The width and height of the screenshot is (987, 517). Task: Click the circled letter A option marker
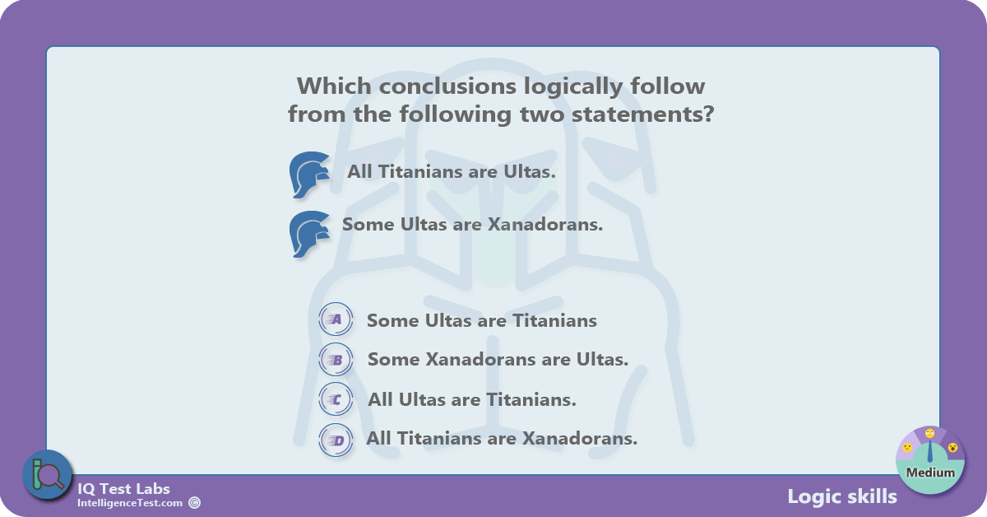[x=336, y=319]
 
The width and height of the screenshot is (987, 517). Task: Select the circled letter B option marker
[x=336, y=360]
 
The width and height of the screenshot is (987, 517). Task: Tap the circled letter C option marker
[x=336, y=399]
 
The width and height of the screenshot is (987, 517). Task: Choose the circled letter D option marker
[x=336, y=440]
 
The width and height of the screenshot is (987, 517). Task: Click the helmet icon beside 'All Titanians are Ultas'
[x=309, y=175]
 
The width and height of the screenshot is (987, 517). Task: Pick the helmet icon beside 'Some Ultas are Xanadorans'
[x=309, y=235]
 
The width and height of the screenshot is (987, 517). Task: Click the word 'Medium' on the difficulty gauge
[x=930, y=473]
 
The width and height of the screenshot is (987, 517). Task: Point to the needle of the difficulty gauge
[x=930, y=451]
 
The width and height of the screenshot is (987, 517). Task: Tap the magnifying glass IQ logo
[x=48, y=475]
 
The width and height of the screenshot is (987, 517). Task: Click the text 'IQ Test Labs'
[x=123, y=489]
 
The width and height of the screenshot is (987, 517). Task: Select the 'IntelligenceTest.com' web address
[x=130, y=503]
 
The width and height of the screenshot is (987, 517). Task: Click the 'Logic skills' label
[x=842, y=496]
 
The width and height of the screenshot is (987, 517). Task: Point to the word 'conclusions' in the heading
[x=447, y=86]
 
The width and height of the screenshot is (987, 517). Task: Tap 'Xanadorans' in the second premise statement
[x=545, y=224]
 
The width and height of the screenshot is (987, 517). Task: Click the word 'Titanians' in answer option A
[x=554, y=321]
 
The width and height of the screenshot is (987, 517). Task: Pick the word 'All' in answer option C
[x=380, y=399]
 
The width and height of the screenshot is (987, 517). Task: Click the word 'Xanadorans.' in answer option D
[x=580, y=439]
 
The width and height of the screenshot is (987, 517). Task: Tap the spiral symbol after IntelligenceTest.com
[x=194, y=503]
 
